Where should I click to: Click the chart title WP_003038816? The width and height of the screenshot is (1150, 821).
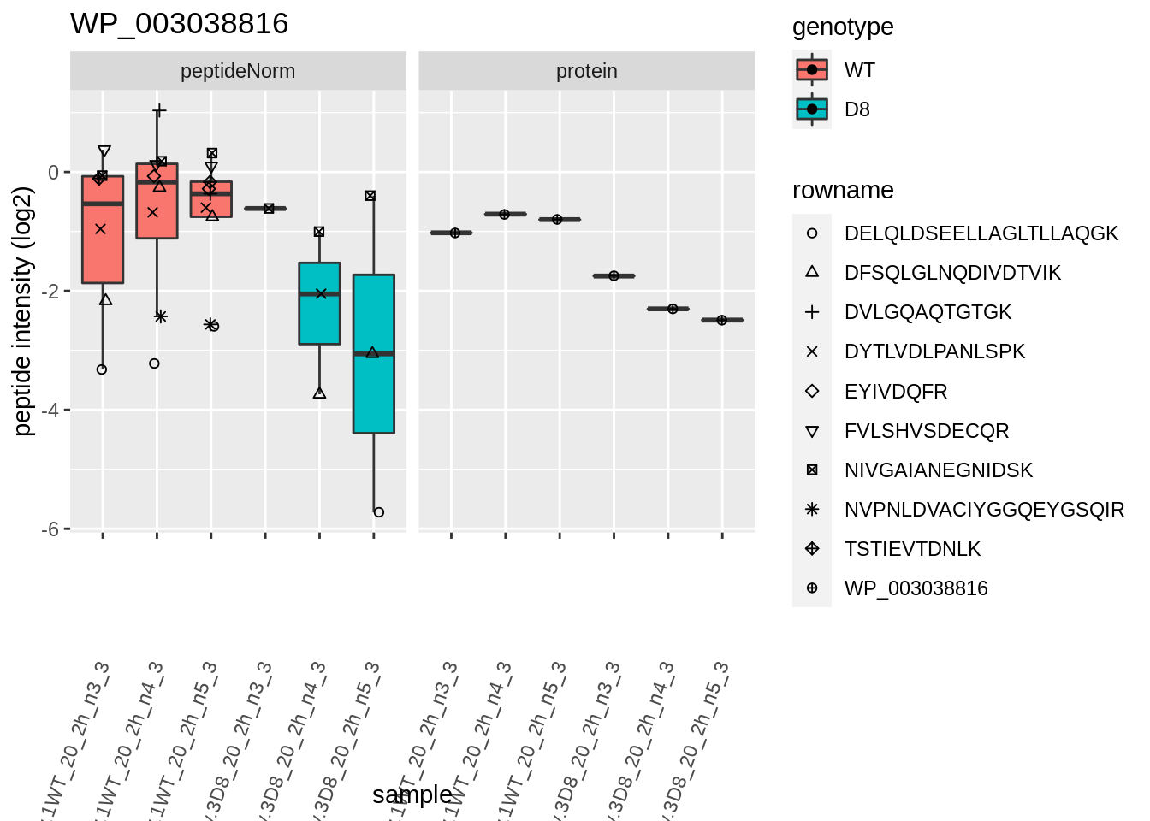tap(179, 23)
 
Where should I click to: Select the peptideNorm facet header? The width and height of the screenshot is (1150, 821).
tap(238, 71)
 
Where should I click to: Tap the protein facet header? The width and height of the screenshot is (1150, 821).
tap(586, 71)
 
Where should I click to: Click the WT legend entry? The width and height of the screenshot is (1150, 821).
tap(859, 70)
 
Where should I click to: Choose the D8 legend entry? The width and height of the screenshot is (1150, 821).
tap(857, 109)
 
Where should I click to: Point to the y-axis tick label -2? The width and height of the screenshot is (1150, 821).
tap(52, 292)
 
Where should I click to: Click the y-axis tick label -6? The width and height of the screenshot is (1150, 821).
tap(52, 529)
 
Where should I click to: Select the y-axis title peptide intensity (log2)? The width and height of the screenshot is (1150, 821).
tap(23, 311)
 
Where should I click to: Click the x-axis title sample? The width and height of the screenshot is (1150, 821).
tap(412, 794)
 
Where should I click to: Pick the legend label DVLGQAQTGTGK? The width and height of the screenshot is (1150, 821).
tap(928, 312)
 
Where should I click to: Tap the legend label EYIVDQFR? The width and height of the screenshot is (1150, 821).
tap(895, 392)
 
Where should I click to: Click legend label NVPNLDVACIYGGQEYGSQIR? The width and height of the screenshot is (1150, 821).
tap(984, 510)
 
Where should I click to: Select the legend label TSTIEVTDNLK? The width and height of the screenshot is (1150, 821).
tap(912, 549)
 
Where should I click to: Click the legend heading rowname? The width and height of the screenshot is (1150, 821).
tap(843, 190)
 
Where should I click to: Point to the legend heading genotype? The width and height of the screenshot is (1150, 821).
tap(843, 27)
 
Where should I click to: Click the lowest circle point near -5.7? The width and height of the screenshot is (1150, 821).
tap(379, 512)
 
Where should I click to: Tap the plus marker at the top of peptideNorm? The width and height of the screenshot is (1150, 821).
tap(159, 110)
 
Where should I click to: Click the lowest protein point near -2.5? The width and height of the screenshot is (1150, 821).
tap(722, 320)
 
